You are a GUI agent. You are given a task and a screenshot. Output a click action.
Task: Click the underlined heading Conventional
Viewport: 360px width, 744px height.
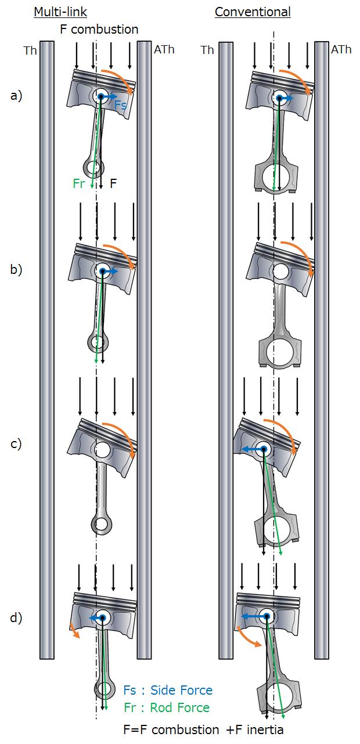pos(253,12)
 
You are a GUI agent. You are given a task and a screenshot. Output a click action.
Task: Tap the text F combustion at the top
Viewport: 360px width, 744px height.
pos(99,29)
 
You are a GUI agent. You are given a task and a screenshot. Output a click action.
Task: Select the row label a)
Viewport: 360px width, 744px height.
pos(16,96)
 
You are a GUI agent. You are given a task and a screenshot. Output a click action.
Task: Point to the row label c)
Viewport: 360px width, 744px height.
pos(16,444)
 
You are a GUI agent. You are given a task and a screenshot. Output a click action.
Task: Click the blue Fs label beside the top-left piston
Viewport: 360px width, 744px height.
pos(120,105)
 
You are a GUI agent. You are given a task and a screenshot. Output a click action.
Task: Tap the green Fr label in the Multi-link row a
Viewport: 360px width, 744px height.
pos(80,183)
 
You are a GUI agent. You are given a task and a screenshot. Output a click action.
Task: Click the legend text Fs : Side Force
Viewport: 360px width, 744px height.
pos(168,690)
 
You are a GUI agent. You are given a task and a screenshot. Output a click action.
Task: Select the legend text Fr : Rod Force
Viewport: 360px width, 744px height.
pos(167,707)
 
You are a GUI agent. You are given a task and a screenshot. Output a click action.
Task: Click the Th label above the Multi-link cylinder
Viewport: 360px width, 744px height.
pos(30,50)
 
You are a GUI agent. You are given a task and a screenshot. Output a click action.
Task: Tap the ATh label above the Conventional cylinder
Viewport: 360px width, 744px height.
pos(341,50)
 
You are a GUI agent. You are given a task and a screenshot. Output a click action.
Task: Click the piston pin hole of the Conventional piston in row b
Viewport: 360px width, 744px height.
pos(280,270)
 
